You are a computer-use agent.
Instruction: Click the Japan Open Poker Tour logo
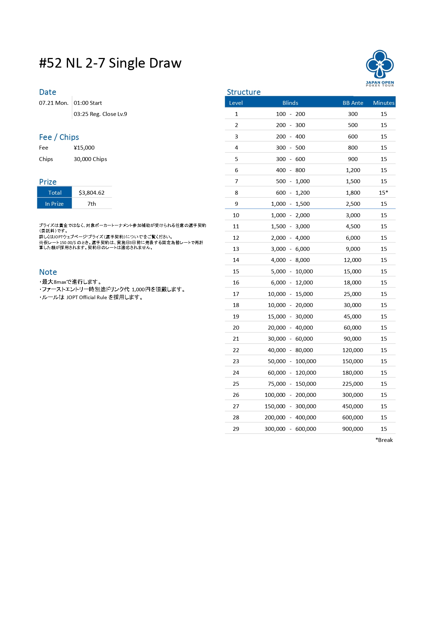(380, 68)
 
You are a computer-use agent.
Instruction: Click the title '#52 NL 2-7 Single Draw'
(110, 63)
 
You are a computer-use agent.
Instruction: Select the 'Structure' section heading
(243, 92)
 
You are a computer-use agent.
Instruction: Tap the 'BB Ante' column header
(353, 103)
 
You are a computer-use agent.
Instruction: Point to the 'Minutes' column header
(383, 103)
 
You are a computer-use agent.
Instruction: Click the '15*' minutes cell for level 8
(383, 193)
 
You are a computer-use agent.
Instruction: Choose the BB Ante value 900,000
(352, 429)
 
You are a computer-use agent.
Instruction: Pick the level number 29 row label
(236, 429)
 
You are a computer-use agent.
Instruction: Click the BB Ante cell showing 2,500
(353, 204)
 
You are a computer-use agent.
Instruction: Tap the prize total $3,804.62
(92, 193)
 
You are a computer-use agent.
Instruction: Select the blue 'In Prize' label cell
(54, 204)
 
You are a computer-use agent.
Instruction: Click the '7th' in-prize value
(92, 204)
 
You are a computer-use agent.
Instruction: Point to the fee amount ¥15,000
(84, 147)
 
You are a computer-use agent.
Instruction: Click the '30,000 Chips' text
(90, 159)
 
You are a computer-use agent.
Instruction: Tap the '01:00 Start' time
(88, 103)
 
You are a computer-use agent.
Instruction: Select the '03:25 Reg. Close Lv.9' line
(100, 114)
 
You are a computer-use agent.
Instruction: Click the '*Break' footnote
(384, 440)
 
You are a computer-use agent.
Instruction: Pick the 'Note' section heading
(48, 272)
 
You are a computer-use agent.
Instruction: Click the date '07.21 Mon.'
(54, 103)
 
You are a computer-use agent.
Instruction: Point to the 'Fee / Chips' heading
(59, 137)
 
